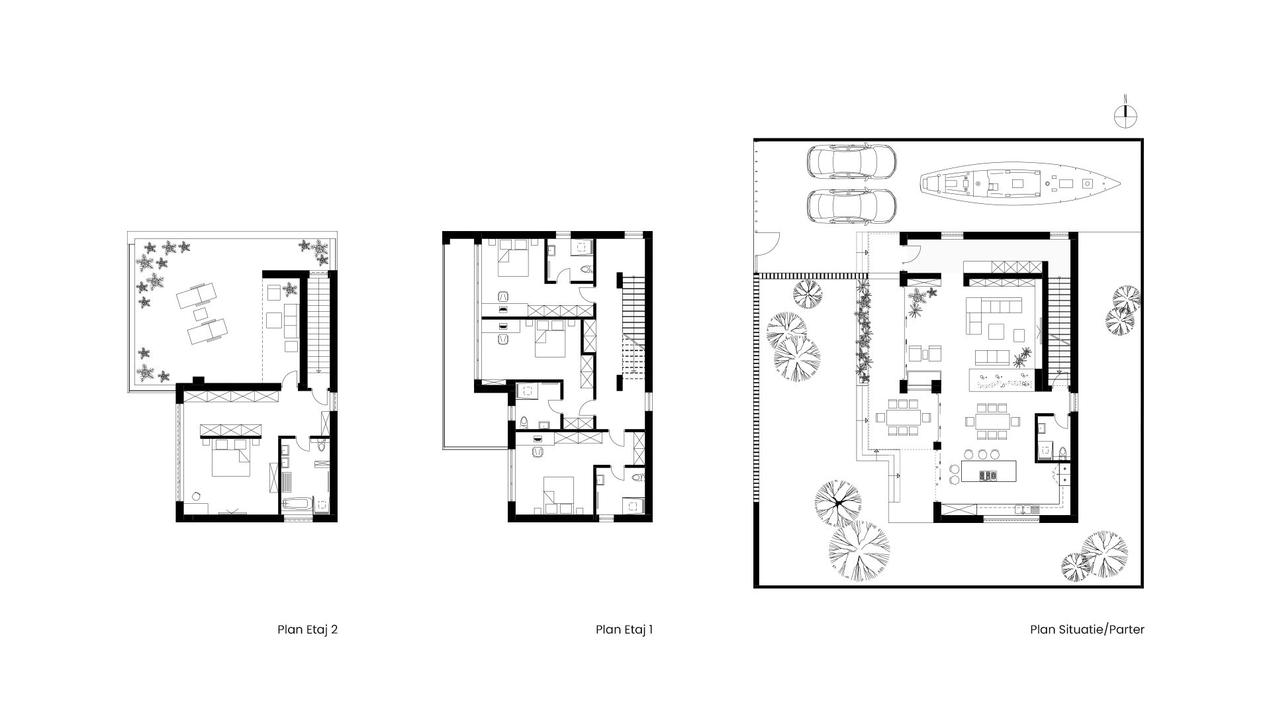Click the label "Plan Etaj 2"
click(307, 630)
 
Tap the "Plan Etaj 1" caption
click(624, 630)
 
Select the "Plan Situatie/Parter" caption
click(1087, 630)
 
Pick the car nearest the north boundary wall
click(852, 162)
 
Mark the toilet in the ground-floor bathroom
click(1062, 453)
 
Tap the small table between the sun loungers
click(201, 313)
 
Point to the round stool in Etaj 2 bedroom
click(197, 496)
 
